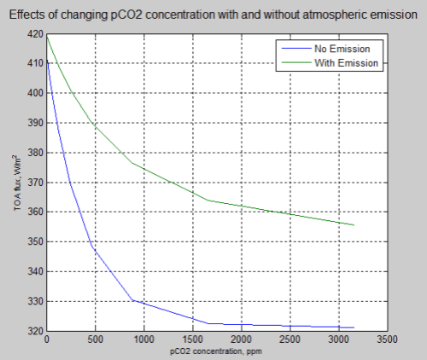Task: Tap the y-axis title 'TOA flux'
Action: point(17,183)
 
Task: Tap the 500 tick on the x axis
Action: point(95,340)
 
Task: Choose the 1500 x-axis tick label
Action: point(193,340)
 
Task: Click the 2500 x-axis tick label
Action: point(291,340)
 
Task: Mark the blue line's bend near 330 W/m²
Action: point(132,300)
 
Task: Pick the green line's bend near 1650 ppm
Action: point(208,200)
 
